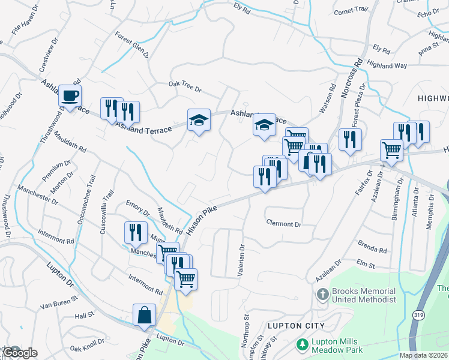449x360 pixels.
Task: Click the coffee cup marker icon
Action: point(70,96)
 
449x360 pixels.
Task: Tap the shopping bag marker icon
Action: point(145,315)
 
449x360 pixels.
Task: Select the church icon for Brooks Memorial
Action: point(322,295)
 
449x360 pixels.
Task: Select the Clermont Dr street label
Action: point(283,224)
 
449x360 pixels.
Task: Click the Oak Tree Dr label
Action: point(184,87)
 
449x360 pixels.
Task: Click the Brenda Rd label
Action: point(372,247)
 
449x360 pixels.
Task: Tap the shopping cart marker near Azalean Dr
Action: point(391,150)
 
